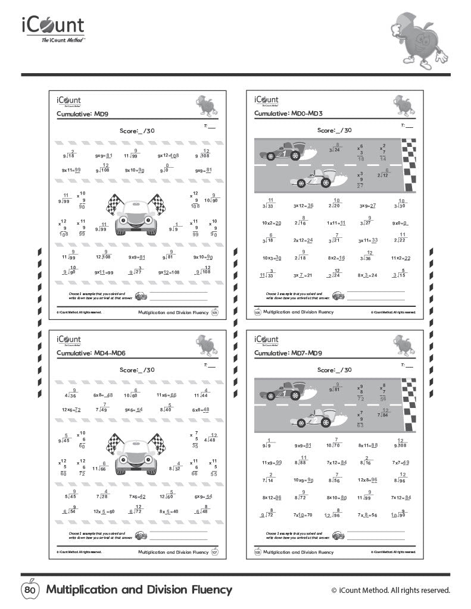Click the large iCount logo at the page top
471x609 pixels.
pyautogui.click(x=54, y=29)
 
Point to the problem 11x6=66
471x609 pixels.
pyautogui.click(x=166, y=394)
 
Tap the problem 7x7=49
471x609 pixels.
pyautogui.click(x=400, y=462)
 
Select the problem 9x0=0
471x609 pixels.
pyautogui.click(x=400, y=223)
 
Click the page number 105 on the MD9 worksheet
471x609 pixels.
pyautogui.click(x=215, y=312)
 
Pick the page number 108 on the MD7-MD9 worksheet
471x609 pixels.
pyautogui.click(x=257, y=552)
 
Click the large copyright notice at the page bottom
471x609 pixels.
pyautogui.click(x=391, y=590)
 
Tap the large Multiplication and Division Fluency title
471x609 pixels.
pyautogui.click(x=139, y=590)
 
